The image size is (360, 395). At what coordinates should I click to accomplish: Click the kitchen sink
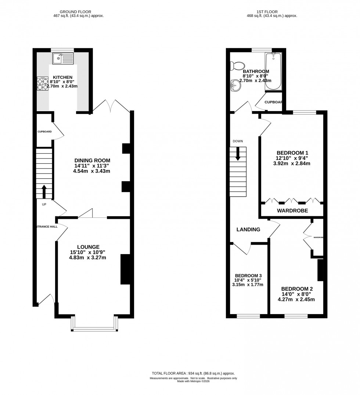(63, 58)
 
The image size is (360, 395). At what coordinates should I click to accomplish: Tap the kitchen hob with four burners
(42, 84)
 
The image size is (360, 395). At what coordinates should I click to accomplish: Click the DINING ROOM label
(92, 160)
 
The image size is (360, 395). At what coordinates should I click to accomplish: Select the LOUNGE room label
(88, 246)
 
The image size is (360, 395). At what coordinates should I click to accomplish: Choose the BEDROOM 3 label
(248, 275)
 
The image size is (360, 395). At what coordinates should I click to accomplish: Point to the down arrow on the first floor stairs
(238, 153)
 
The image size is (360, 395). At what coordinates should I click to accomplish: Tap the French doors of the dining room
(111, 106)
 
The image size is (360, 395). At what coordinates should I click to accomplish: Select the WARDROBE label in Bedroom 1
(292, 211)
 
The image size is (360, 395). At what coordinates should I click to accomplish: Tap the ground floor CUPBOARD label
(44, 132)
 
